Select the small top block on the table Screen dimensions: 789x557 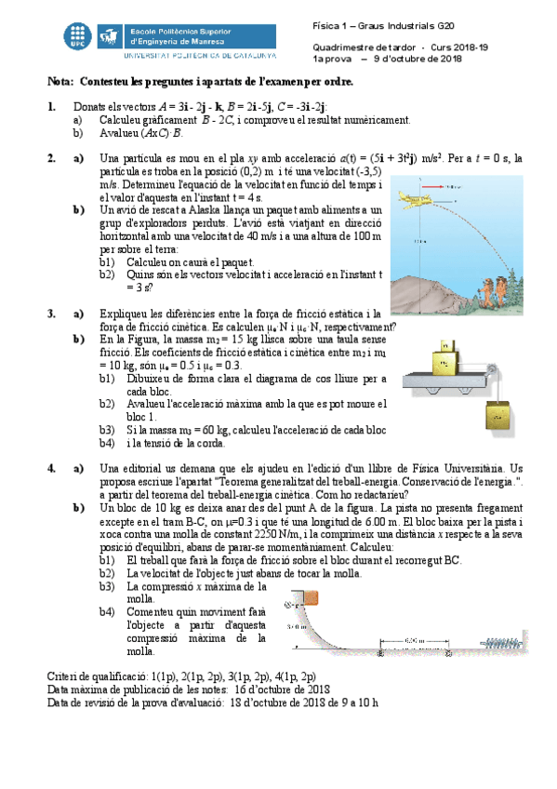point(445,341)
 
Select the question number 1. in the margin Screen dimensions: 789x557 point(52,108)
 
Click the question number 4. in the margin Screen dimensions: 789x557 point(52,467)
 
